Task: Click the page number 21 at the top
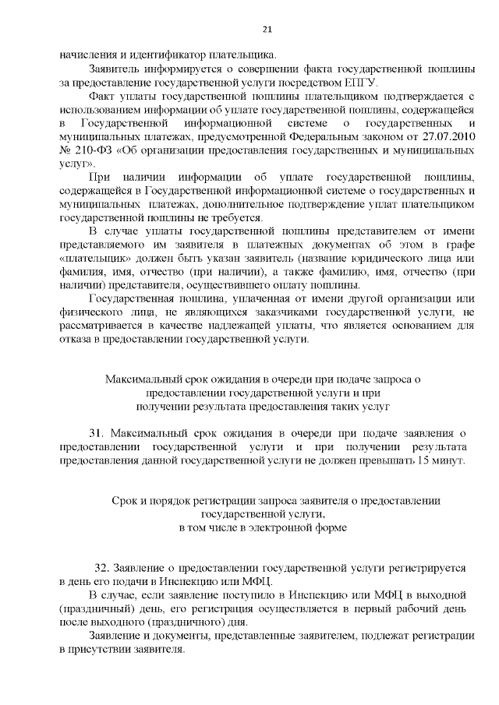(265, 30)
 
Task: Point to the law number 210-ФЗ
(86, 151)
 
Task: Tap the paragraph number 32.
(102, 569)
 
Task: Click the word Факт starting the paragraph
(104, 96)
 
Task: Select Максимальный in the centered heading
(140, 379)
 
